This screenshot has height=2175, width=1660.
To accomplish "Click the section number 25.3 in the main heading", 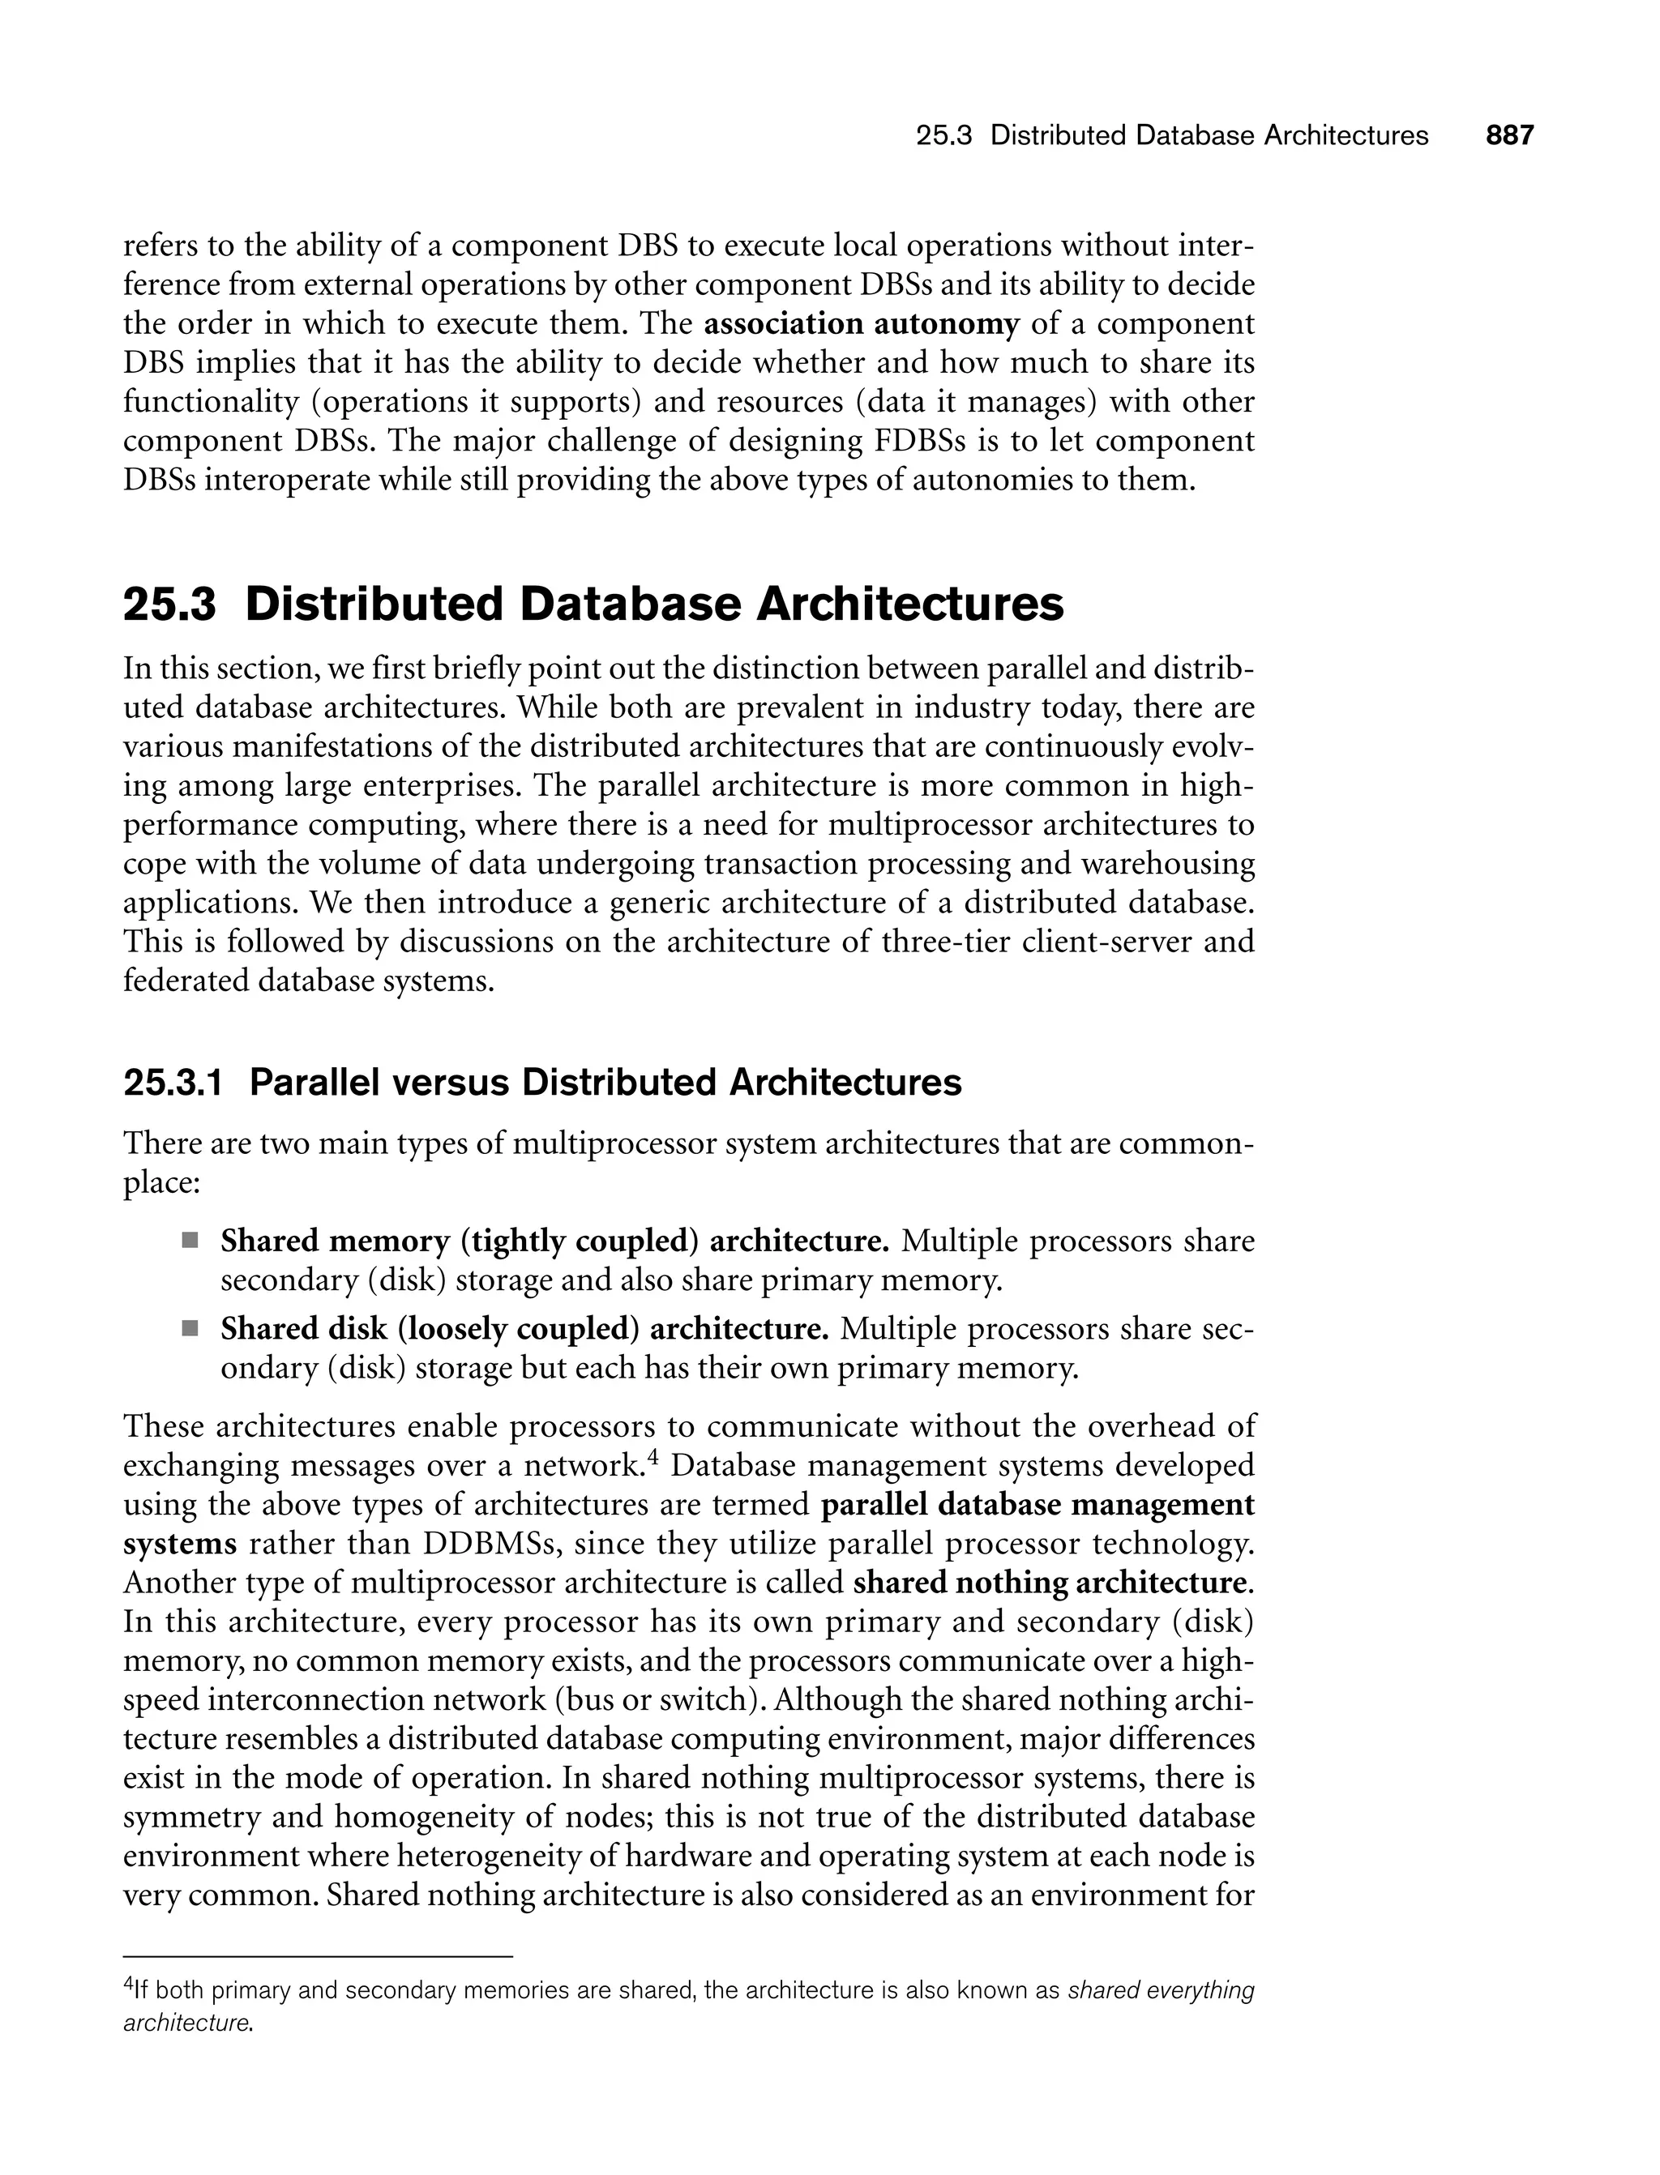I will coord(169,605).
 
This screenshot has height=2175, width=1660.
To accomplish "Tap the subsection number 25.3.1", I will coord(172,1083).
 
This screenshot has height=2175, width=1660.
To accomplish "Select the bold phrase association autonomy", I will coord(861,324).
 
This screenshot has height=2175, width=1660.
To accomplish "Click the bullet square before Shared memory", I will coord(190,1241).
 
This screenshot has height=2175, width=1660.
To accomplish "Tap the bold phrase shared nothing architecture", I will coord(1050,1583).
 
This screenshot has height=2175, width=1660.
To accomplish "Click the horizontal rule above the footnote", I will coord(319,1957).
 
